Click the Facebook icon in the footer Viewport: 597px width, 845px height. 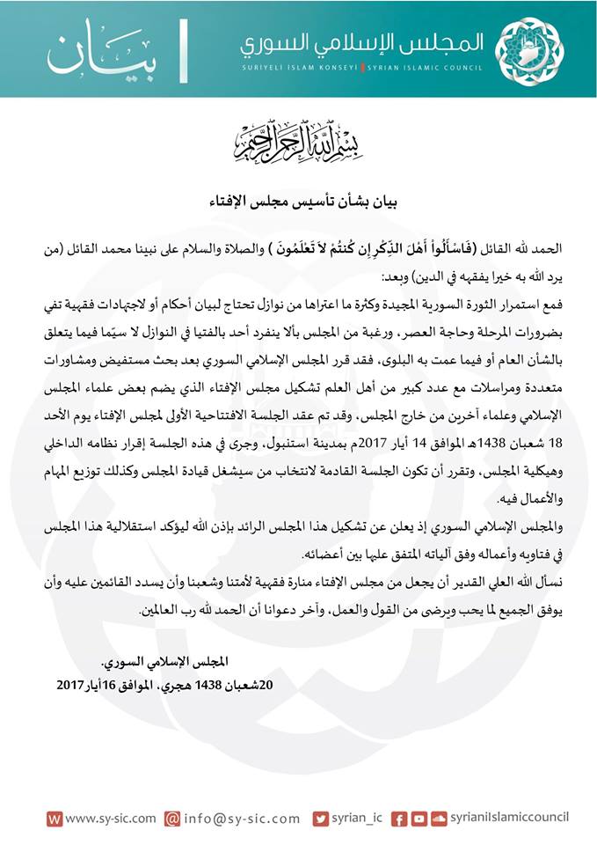[397, 818]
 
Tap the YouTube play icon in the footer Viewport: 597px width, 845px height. [417, 818]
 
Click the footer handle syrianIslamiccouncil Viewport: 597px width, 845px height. [508, 818]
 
